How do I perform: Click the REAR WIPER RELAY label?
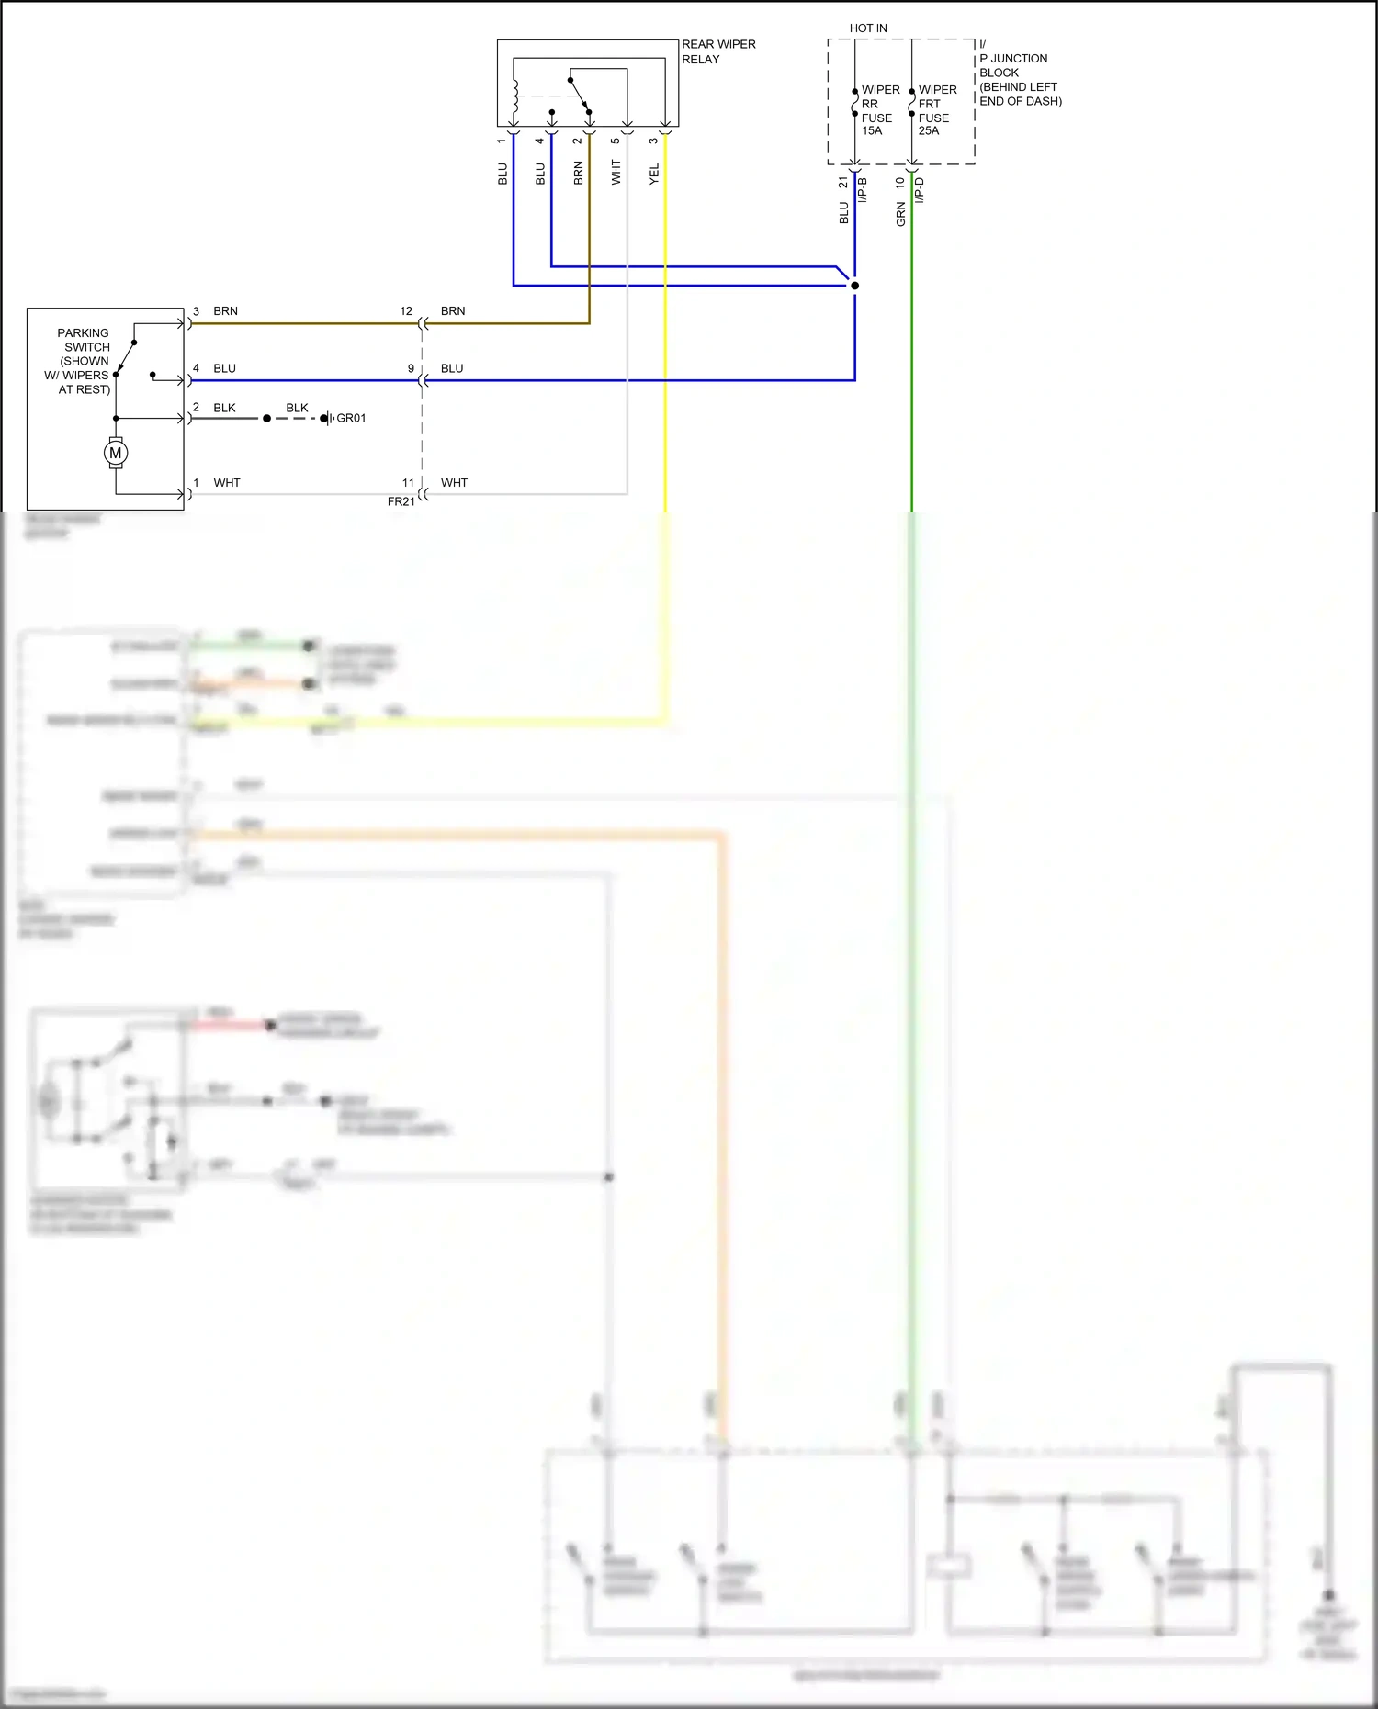[717, 51]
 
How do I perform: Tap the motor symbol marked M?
[116, 453]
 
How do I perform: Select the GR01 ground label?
[351, 418]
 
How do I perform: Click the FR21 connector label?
[401, 501]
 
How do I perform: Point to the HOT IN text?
[868, 28]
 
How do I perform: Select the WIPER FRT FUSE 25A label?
[936, 110]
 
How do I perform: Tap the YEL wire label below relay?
[654, 174]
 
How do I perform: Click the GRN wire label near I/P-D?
[900, 215]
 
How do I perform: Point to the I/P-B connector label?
[863, 190]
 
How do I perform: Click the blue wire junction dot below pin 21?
[854, 286]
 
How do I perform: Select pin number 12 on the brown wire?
[406, 311]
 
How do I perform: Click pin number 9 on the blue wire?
[412, 368]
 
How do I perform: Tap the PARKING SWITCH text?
[83, 340]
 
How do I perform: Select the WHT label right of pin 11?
[454, 483]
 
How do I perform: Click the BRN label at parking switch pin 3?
[225, 311]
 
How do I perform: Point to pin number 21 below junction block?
[843, 183]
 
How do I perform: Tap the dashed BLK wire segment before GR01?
[296, 419]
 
